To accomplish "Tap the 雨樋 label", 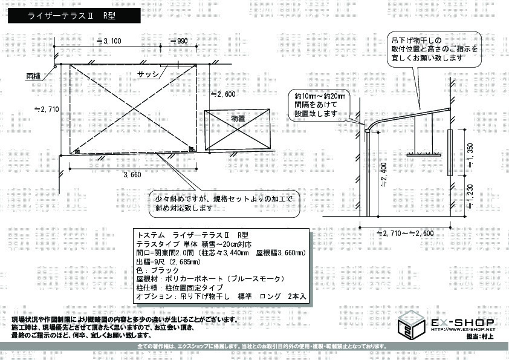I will pos(34,77).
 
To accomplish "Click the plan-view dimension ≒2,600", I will pos(223,94).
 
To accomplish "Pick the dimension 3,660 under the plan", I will pos(132,175).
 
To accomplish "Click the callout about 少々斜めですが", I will pos(224,203).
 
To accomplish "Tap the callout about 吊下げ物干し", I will pos(433,50).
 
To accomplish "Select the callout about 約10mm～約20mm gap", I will pos(320,105).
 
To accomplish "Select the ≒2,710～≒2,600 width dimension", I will pos(405,234).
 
